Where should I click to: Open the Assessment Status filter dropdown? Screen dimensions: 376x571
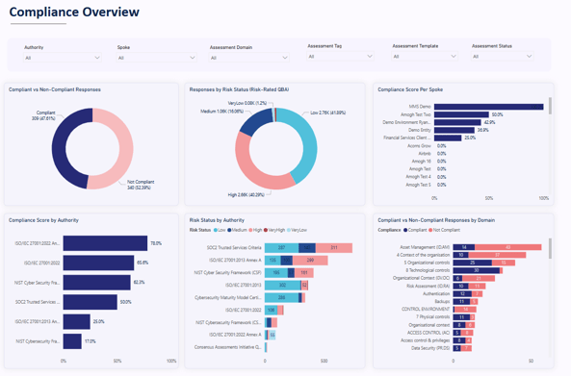click(501, 57)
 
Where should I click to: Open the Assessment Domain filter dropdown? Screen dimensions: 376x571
click(248, 58)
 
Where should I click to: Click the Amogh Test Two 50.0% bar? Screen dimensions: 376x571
click(461, 114)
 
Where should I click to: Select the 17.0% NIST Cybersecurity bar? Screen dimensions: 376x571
click(72, 341)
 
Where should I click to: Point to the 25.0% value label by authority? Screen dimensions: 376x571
click(98, 322)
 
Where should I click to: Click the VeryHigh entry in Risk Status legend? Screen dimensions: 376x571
click(276, 230)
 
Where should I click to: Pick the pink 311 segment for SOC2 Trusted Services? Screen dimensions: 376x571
click(333, 247)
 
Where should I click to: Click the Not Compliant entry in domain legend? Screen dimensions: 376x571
click(446, 230)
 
